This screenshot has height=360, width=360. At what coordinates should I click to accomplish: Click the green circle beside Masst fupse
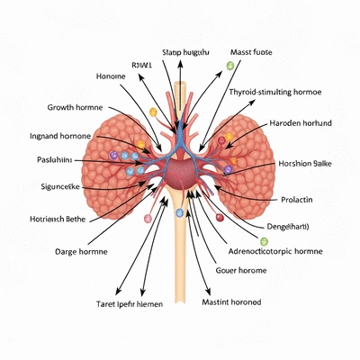[229, 66]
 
